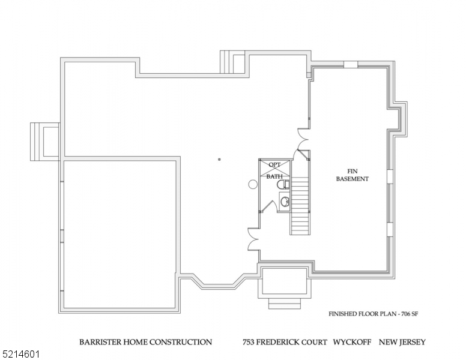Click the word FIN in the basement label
[x=352, y=171]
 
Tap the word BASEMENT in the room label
[x=352, y=179]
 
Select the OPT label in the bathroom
[x=274, y=165]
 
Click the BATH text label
[x=274, y=176]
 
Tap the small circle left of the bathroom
[x=252, y=185]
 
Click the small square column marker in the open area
[x=220, y=160]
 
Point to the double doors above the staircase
[x=303, y=142]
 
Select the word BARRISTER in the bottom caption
[x=101, y=343]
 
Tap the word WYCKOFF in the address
[x=353, y=343]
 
